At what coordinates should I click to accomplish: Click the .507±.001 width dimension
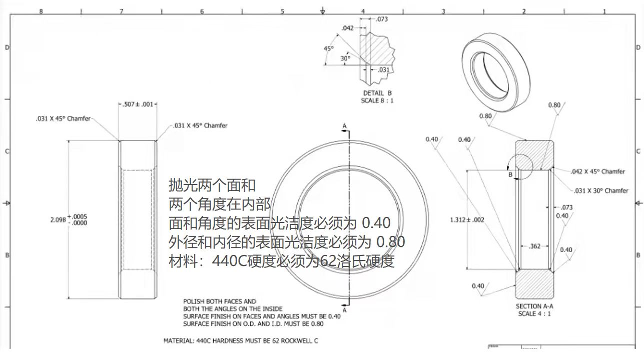point(138,104)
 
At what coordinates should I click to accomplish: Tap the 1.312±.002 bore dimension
point(467,219)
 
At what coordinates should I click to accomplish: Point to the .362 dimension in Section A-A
point(534,246)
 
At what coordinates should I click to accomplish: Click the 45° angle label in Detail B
point(328,48)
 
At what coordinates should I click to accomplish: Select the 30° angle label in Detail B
point(345,58)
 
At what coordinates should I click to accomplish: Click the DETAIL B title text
point(377,93)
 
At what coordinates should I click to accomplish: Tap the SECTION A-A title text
point(534,306)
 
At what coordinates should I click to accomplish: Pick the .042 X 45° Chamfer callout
point(597,171)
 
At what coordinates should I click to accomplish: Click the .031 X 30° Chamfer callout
point(600,190)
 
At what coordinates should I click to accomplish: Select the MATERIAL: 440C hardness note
point(241,340)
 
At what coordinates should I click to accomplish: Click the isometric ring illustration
point(495,63)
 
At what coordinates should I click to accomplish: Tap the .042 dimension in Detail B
point(347,28)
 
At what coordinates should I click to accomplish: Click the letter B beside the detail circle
point(510,175)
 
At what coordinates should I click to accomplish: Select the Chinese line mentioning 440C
point(282,260)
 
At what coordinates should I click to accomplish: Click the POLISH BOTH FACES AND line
point(219,301)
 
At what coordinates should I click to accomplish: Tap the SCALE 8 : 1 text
point(377,100)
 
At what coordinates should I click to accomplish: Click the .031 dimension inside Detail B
point(383,69)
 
